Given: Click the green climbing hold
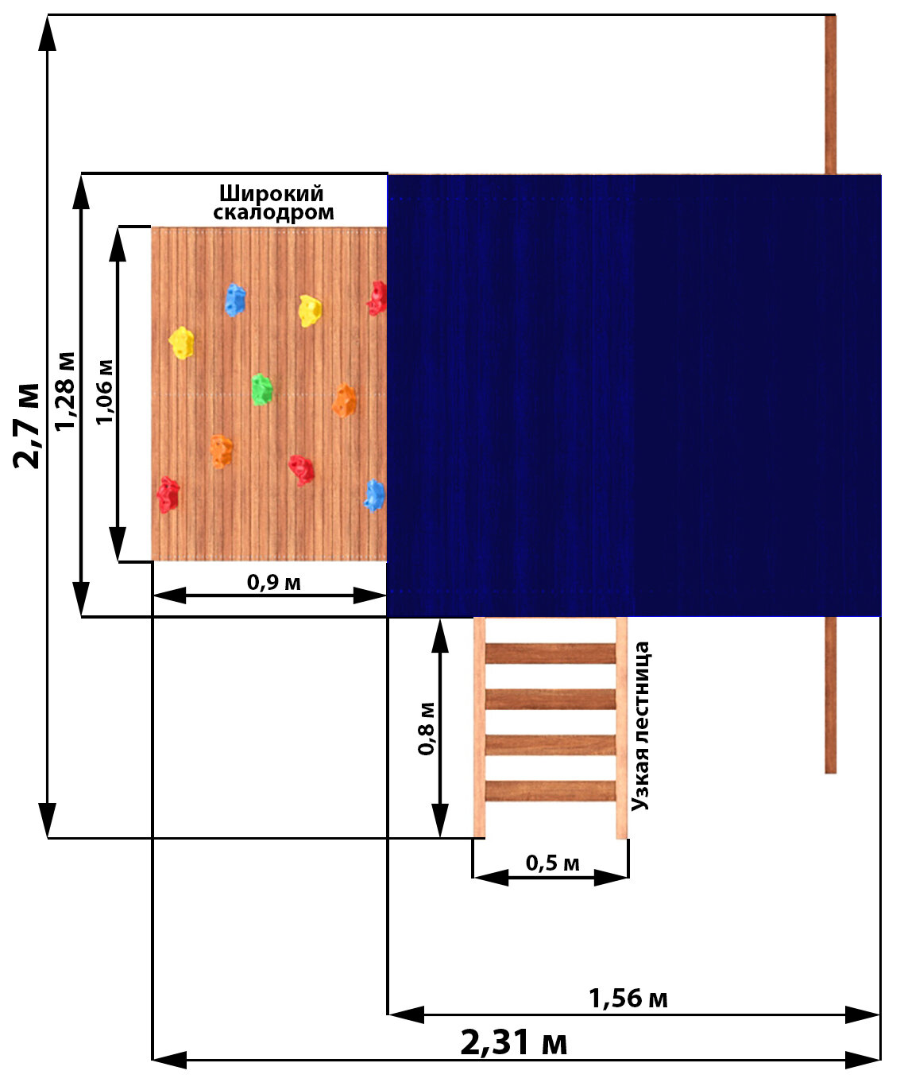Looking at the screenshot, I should pyautogui.click(x=261, y=390).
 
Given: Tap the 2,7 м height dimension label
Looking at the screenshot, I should pyautogui.click(x=27, y=425).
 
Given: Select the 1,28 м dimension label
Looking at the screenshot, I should pyautogui.click(x=66, y=390).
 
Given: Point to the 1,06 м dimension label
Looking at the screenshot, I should pyautogui.click(x=104, y=392).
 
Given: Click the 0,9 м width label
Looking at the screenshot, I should pyautogui.click(x=273, y=583).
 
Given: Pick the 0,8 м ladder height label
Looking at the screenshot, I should pyautogui.click(x=427, y=727).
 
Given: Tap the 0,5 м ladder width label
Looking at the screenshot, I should pyautogui.click(x=552, y=863).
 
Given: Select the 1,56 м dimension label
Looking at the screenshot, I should pyautogui.click(x=628, y=999).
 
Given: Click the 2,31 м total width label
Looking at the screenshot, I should pyautogui.click(x=514, y=1042).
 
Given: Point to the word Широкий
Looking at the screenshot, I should pyautogui.click(x=272, y=194).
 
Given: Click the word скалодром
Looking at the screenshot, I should pyautogui.click(x=273, y=212).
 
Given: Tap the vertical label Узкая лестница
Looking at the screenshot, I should pyautogui.click(x=641, y=726).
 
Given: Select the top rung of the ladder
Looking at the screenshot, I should pyautogui.click(x=550, y=654).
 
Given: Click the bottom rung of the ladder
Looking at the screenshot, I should pyautogui.click(x=550, y=790).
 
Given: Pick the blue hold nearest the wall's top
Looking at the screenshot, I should pyautogui.click(x=235, y=301).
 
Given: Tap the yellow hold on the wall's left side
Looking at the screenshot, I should pyautogui.click(x=182, y=343).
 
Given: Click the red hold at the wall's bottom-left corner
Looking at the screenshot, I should pyautogui.click(x=168, y=495).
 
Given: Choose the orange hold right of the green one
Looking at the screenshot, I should pyautogui.click(x=344, y=401).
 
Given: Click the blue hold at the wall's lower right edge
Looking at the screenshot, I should pyautogui.click(x=375, y=495).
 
